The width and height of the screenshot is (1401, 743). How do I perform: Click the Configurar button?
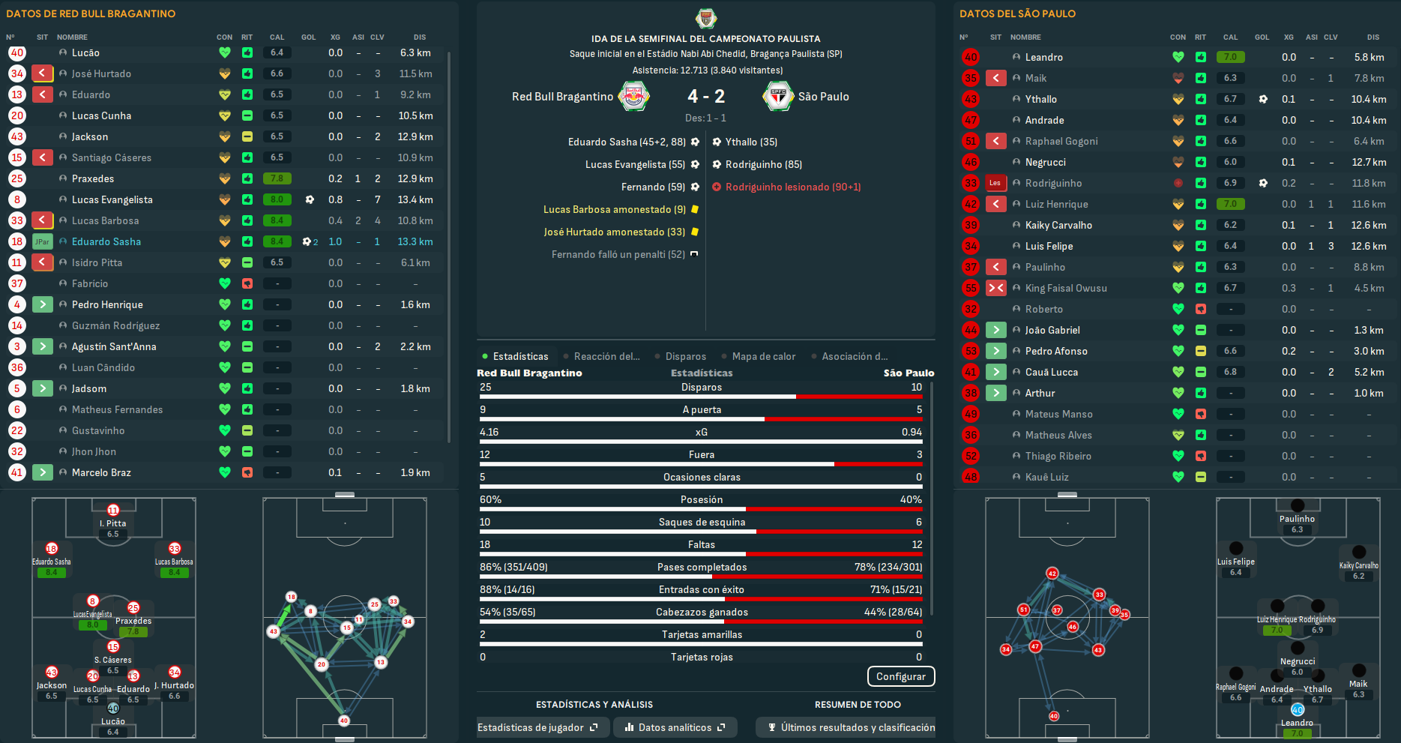(x=900, y=676)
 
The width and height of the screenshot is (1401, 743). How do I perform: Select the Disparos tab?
(x=685, y=356)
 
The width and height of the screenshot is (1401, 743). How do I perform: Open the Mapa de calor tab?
(x=763, y=356)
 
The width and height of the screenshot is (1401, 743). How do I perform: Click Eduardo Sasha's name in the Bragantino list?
(x=106, y=241)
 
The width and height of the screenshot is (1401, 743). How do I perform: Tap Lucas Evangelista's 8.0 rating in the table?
(x=277, y=199)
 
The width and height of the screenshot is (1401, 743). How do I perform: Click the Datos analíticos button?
(x=675, y=727)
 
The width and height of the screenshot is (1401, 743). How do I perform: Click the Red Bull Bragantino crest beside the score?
(x=633, y=96)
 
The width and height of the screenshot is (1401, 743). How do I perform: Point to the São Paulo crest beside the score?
(x=778, y=96)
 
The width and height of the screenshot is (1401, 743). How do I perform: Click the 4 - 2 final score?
(x=706, y=96)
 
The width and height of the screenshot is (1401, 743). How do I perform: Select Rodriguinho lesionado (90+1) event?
(x=792, y=187)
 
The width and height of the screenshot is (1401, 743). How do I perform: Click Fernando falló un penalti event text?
(x=618, y=254)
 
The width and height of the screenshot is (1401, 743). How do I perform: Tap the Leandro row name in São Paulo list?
(x=1043, y=57)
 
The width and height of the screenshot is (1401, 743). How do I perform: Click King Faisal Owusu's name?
(x=1065, y=288)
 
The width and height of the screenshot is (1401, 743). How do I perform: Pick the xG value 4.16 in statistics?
(x=489, y=432)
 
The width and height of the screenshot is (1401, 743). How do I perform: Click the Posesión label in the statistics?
(x=702, y=499)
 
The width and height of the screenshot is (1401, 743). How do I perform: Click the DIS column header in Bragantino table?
(x=419, y=37)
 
